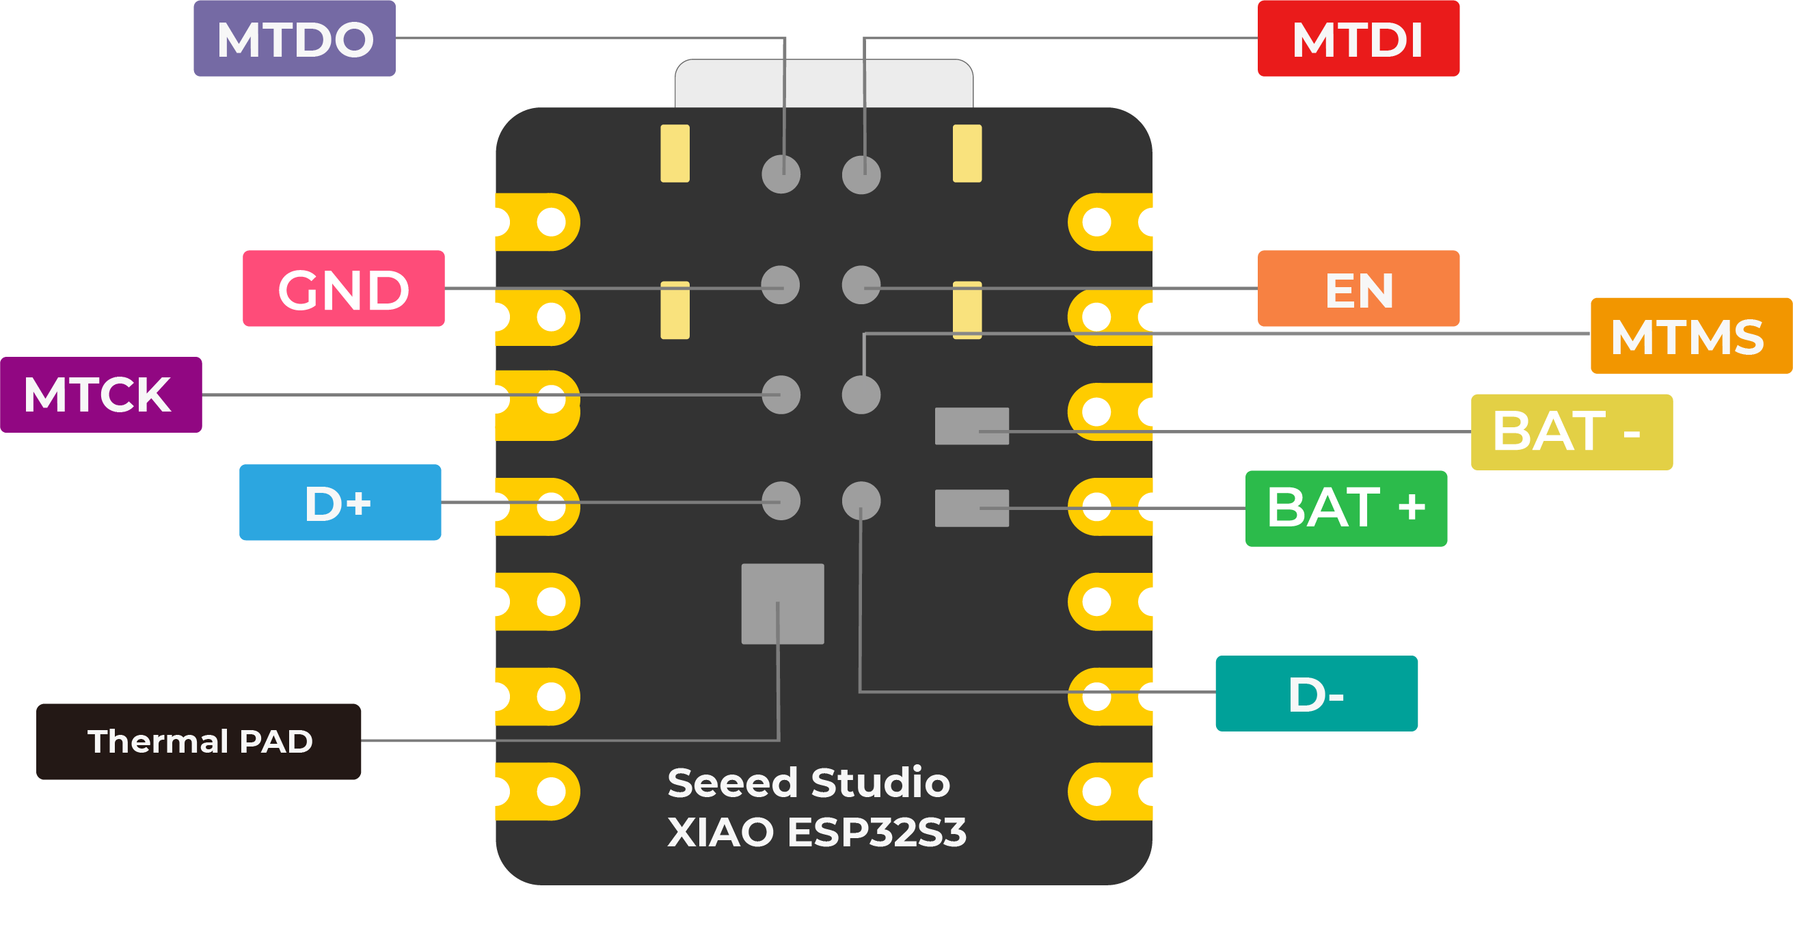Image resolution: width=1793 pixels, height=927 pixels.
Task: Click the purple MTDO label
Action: [x=295, y=39]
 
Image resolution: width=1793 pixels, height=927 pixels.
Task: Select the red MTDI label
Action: [x=1358, y=39]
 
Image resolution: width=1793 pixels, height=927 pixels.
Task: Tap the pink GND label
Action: [x=343, y=288]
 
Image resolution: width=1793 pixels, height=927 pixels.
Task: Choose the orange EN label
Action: [x=1358, y=288]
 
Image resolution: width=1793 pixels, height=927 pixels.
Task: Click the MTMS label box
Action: [x=1689, y=336]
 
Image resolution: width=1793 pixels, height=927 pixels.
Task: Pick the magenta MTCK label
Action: [x=101, y=394]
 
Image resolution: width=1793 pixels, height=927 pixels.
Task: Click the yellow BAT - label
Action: [x=1571, y=432]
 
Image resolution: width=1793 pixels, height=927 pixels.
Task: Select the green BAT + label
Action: [x=1345, y=509]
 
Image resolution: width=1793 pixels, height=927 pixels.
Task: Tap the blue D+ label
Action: [x=340, y=502]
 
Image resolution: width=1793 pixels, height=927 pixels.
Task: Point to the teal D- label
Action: [x=1315, y=694]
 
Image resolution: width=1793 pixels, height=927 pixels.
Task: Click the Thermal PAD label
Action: [x=198, y=741]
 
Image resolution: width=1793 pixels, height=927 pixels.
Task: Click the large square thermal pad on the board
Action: [x=783, y=604]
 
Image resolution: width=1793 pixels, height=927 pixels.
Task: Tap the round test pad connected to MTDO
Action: [x=781, y=174]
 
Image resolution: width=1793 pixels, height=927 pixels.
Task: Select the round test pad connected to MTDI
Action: [x=861, y=174]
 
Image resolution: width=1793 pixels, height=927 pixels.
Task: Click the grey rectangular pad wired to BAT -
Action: [x=971, y=426]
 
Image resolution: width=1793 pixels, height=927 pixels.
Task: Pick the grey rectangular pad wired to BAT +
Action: [x=971, y=508]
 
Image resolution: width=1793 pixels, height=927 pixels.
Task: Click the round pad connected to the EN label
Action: [x=861, y=284]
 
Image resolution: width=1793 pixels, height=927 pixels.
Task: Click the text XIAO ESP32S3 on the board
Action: [x=816, y=833]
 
